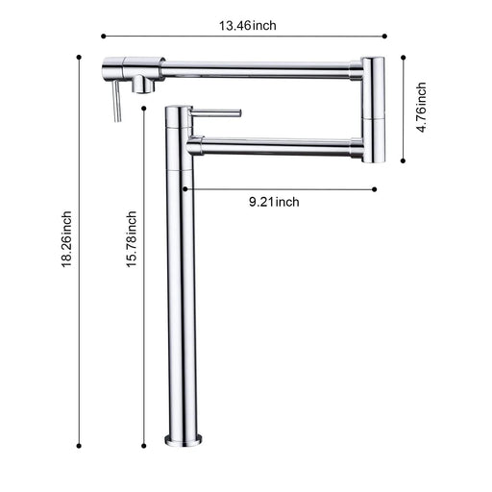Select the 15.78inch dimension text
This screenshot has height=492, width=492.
coord(132,244)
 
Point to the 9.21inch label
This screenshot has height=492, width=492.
coord(274,201)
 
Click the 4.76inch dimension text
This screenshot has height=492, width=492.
coord(420,111)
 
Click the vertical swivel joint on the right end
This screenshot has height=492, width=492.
coord(374,111)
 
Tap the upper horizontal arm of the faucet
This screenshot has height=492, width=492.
coord(259,67)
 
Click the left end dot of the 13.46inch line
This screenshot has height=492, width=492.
coord(103,37)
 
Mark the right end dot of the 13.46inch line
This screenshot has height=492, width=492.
coord(385,37)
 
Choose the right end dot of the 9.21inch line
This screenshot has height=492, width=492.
coord(375,189)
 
